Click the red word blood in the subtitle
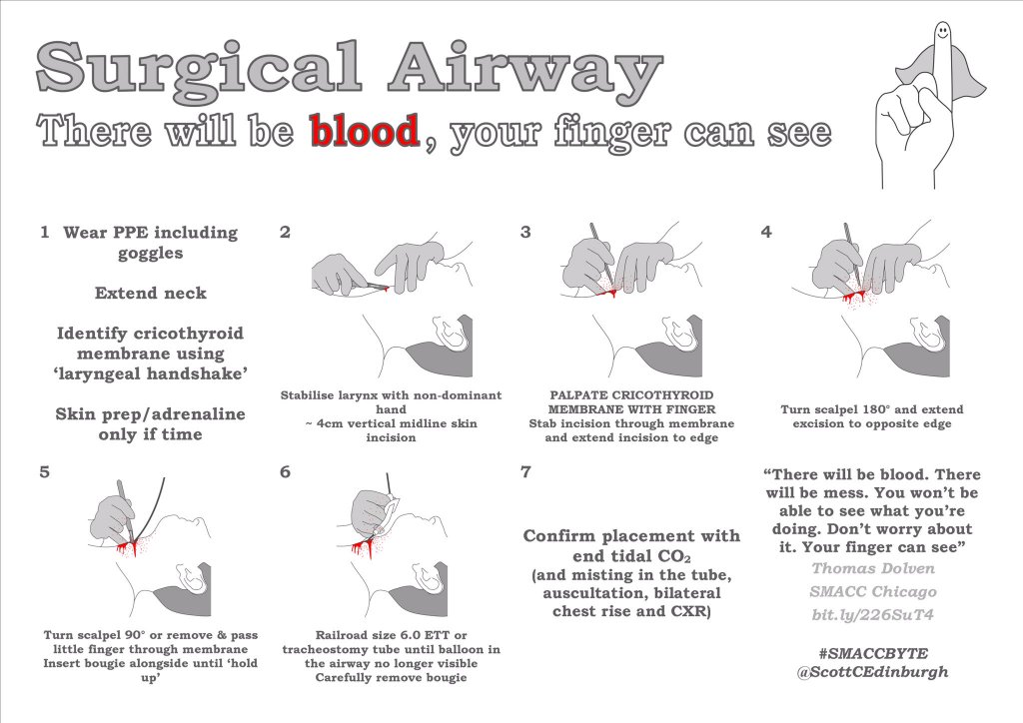tap(363, 130)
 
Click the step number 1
tap(45, 233)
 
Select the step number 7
tap(525, 472)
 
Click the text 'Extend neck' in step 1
tap(151, 294)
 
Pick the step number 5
tap(45, 472)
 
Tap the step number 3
tap(525, 233)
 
